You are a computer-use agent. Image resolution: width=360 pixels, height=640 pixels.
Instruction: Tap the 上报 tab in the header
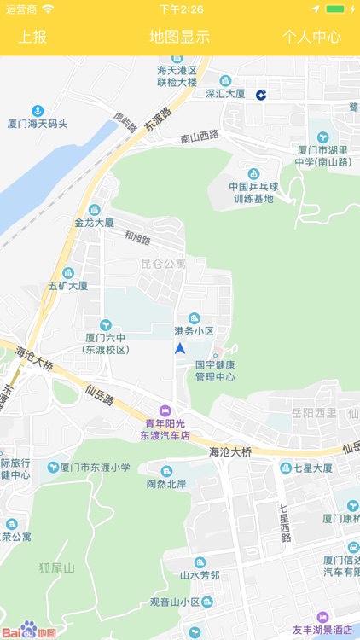tap(33, 37)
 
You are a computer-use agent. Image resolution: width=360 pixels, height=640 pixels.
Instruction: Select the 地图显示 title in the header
tap(179, 37)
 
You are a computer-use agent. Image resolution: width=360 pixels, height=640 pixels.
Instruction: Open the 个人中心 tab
tap(311, 37)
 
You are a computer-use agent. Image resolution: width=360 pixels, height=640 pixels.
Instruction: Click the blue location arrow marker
tap(180, 348)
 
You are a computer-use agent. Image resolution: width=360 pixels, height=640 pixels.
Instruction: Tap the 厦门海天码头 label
tap(38, 124)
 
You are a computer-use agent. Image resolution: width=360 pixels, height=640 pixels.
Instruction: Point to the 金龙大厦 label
tap(94, 222)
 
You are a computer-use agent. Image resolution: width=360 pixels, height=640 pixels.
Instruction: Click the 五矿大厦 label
tap(68, 285)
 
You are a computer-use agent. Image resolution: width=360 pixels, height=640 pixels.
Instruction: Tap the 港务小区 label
tap(195, 330)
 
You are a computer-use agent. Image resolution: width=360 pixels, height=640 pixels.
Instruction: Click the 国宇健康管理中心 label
tap(215, 370)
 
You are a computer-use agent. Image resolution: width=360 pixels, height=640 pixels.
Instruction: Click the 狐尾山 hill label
tap(57, 567)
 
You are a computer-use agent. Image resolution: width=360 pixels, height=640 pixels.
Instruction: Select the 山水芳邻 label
tap(200, 575)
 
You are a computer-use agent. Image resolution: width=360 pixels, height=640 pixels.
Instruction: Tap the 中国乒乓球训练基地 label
tap(252, 192)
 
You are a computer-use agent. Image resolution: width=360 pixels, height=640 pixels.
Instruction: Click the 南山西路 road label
tap(200, 137)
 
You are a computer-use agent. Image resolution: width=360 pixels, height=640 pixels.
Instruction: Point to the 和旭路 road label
tap(136, 238)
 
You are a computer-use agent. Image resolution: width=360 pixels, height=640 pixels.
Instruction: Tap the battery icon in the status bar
tap(336, 9)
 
